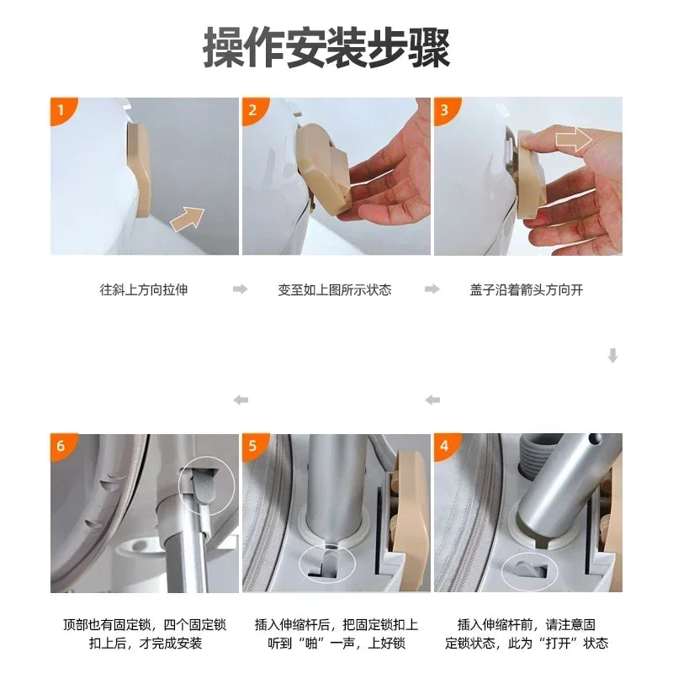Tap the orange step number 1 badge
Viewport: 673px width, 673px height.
(61, 109)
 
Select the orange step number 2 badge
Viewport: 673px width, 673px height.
(252, 109)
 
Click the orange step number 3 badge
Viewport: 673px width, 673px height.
(444, 109)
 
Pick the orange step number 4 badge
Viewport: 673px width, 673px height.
(444, 446)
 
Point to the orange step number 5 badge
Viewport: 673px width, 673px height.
(252, 446)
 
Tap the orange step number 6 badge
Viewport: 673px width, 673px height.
(61, 446)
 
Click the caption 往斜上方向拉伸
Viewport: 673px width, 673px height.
(144, 289)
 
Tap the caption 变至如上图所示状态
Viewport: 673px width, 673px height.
(335, 289)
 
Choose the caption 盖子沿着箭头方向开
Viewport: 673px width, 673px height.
(527, 289)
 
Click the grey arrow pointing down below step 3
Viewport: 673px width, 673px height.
(612, 356)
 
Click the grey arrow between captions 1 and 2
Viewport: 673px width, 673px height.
(241, 289)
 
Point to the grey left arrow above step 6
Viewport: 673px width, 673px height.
(241, 400)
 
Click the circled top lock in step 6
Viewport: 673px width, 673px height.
(206, 484)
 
